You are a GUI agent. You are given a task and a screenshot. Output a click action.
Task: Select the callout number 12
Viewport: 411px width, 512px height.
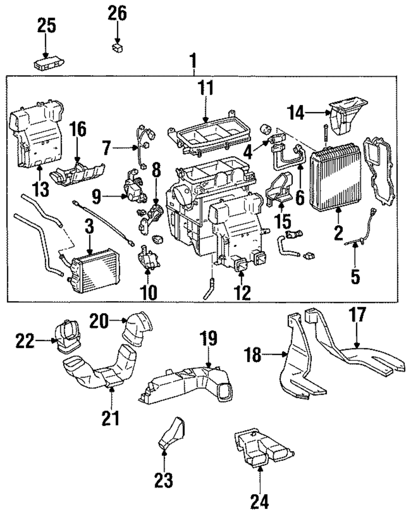coord(242,292)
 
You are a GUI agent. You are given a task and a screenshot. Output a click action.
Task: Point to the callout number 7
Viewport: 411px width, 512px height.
coord(106,148)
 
